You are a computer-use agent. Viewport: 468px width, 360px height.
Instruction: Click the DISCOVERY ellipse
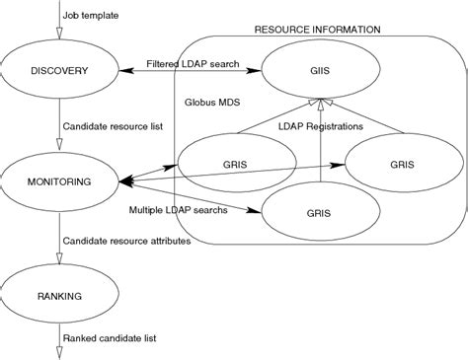click(58, 71)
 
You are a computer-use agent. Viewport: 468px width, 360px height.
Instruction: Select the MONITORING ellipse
click(58, 181)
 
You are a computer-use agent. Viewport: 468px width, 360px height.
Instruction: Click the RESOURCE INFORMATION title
click(317, 30)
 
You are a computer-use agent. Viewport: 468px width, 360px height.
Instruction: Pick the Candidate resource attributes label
click(127, 240)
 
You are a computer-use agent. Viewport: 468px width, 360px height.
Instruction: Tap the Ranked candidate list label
click(110, 339)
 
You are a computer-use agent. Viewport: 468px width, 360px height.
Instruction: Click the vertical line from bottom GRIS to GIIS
click(322, 143)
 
